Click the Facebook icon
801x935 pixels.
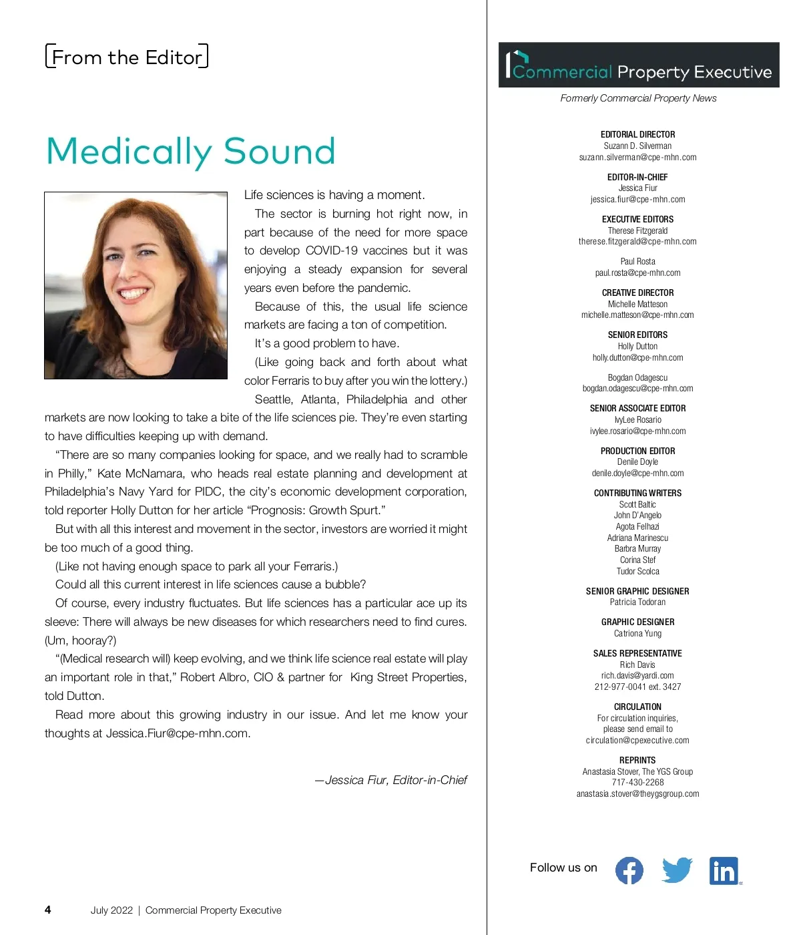[629, 870]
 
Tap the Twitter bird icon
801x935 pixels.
[677, 870]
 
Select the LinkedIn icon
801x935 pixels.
[724, 871]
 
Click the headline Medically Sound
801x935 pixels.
[191, 151]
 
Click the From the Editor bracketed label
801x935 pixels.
[127, 57]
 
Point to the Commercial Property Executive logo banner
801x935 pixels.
[639, 65]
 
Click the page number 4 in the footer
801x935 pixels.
[47, 910]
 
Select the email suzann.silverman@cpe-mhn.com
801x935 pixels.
[637, 158]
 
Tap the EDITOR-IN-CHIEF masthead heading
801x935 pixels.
[637, 177]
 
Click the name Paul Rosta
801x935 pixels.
[637, 261]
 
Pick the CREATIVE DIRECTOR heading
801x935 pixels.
[637, 293]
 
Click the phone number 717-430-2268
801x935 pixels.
[637, 782]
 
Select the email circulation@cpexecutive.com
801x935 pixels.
[637, 740]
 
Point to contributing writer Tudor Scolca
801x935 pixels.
[637, 571]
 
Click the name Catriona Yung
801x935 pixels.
[637, 633]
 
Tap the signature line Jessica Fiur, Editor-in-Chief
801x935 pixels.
[391, 780]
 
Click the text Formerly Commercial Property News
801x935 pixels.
[638, 98]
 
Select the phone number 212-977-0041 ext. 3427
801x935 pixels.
[637, 687]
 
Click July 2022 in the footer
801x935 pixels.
[111, 910]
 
